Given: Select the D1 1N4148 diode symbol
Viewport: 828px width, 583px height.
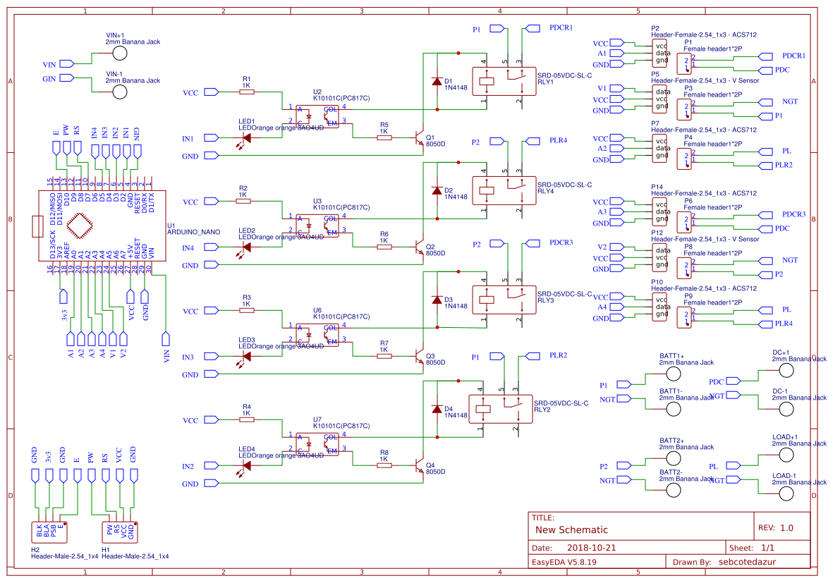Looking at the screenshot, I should [437, 81].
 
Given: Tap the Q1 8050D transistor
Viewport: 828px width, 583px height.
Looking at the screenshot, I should [419, 138].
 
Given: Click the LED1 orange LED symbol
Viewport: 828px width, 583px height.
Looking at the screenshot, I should [246, 138].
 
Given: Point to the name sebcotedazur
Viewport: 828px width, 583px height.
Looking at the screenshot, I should [749, 562].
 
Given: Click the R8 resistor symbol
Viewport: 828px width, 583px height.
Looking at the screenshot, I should [384, 466].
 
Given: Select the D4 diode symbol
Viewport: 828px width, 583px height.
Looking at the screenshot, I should [437, 409].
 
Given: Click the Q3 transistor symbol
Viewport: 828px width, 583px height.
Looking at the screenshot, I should [419, 357].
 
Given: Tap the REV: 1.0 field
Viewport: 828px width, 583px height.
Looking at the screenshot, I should [775, 528].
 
